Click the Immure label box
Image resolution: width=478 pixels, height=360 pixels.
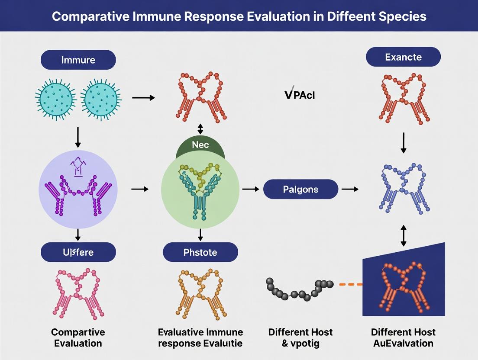tap(78, 60)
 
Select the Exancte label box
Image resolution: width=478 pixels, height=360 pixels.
tap(403, 57)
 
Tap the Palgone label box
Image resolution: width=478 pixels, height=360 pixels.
tap(300, 189)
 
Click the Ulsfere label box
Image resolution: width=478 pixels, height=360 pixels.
tap(78, 252)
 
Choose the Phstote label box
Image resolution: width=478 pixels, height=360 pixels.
tap(200, 252)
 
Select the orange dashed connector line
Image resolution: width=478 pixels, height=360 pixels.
tap(350, 284)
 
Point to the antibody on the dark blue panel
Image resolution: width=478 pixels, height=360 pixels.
tap(403, 286)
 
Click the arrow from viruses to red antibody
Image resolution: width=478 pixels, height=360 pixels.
tap(143, 98)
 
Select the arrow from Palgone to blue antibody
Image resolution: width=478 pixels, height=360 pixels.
tap(349, 189)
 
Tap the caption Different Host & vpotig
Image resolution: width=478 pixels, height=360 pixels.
tap(300, 337)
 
